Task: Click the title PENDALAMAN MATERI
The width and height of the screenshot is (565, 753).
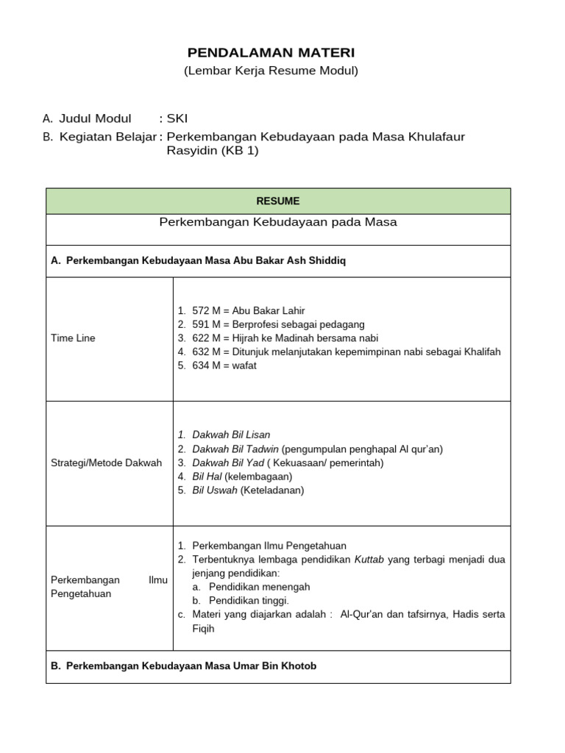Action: click(x=271, y=53)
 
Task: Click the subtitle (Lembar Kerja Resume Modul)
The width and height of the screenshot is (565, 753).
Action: click(x=271, y=71)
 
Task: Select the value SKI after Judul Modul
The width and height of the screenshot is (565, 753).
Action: click(x=177, y=118)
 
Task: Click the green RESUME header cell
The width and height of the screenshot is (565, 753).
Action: click(x=278, y=201)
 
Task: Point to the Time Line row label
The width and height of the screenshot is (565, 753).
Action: click(x=73, y=338)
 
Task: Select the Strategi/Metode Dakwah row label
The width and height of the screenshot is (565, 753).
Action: click(x=106, y=463)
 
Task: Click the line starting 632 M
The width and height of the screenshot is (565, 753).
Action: click(x=346, y=352)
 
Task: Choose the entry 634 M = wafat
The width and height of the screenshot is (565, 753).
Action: click(x=224, y=365)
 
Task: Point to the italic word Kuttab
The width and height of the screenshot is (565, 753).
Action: click(x=370, y=560)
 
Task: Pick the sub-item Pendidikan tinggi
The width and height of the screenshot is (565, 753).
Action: click(x=249, y=601)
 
